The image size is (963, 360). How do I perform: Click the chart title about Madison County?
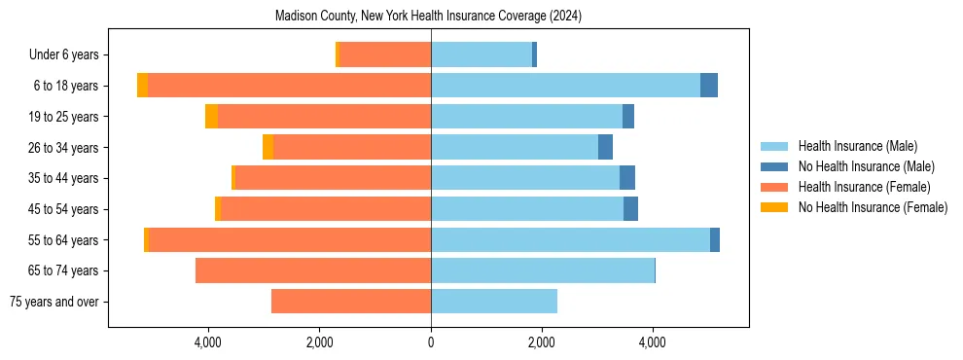point(428,17)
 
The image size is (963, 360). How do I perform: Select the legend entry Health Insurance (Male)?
point(857,146)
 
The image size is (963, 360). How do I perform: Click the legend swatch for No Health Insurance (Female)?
point(773,207)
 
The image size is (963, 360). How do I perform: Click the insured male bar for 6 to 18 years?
point(565,86)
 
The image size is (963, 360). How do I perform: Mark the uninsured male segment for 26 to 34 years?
point(605,147)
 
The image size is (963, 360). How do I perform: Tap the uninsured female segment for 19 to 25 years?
point(211,117)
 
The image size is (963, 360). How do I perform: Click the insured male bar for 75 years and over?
point(494,302)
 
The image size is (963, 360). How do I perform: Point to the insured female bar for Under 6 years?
point(385,55)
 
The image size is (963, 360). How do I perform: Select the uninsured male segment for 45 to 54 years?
point(630,209)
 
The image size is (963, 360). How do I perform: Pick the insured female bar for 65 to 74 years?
point(313,270)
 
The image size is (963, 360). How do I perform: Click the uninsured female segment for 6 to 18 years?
point(142,86)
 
